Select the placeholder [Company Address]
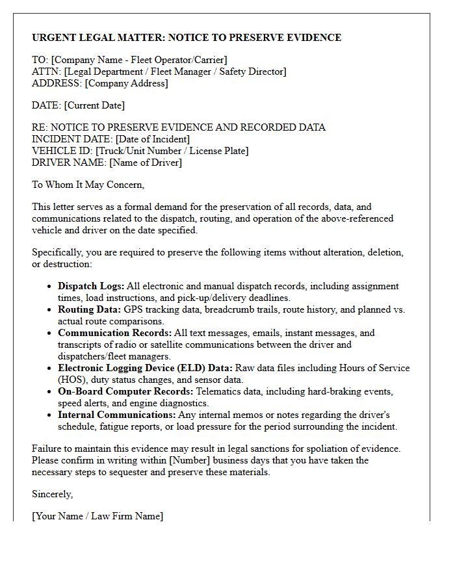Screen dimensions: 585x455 coord(126,83)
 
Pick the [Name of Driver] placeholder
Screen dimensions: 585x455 coord(146,162)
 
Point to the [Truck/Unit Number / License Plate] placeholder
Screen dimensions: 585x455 coord(172,151)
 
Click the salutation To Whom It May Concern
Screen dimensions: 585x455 coord(88,185)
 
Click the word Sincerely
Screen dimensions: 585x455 coord(52,494)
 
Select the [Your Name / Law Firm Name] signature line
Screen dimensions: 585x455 coord(97,516)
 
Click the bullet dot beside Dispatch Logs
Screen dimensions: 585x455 coord(50,287)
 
